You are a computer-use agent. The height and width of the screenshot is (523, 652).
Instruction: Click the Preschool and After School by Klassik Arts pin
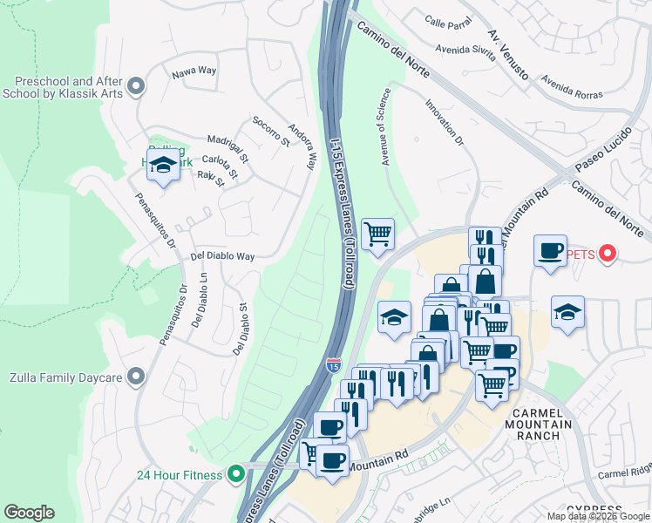point(135,86)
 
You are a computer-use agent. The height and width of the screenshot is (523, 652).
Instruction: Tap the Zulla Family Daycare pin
point(135,377)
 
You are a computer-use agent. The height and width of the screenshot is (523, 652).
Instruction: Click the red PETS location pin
point(608,255)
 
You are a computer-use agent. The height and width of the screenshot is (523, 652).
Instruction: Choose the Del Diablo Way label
point(222,256)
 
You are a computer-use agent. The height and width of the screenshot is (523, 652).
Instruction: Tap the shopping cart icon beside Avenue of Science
point(377,234)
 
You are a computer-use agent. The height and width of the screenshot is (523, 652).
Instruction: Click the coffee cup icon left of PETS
point(549,251)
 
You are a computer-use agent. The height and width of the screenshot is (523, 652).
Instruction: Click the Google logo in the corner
point(29,513)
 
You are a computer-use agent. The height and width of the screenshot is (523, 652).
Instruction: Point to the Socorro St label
point(269,131)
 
